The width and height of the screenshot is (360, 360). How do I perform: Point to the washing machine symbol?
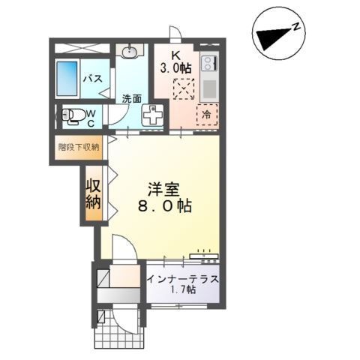click(153, 115)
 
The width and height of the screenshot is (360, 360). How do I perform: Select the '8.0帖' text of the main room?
click(163, 205)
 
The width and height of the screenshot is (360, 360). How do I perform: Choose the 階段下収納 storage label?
click(79, 147)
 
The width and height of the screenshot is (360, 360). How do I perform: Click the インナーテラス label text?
click(183, 280)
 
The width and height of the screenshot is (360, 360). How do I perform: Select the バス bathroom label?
click(92, 78)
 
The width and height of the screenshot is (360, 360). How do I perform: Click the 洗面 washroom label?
click(133, 98)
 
